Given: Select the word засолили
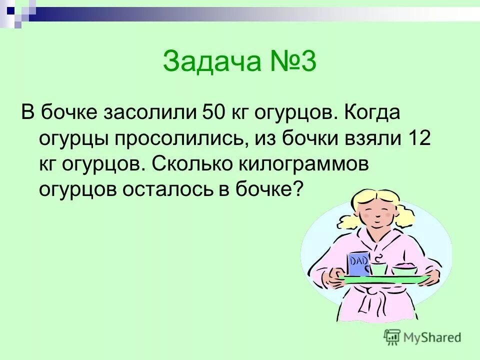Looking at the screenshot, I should [x=149, y=112].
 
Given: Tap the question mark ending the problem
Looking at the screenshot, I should [x=298, y=190].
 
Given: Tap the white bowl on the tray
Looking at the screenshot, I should [x=404, y=270].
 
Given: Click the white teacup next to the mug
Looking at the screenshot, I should [x=378, y=269].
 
